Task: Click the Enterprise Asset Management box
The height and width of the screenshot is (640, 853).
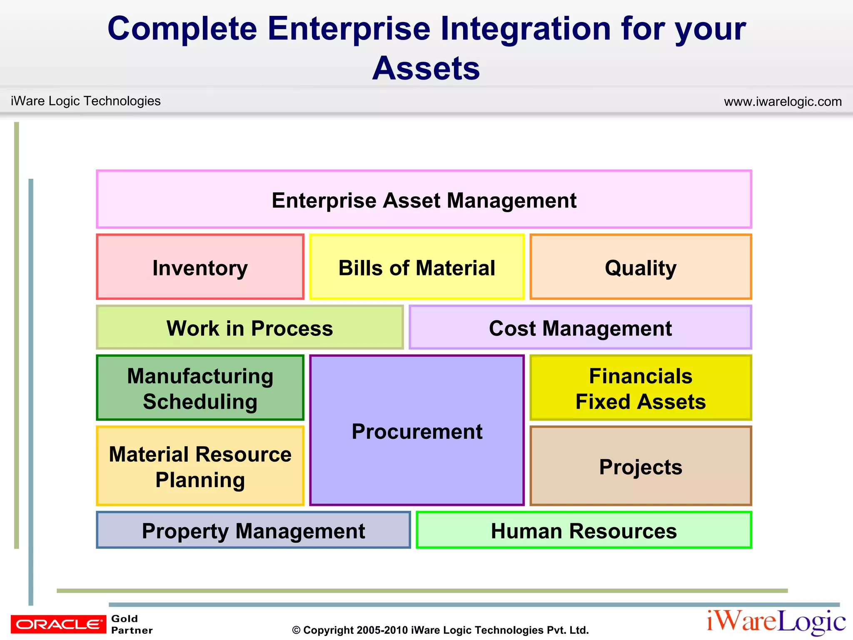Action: point(424,200)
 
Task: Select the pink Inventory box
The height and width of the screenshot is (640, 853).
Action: point(200,267)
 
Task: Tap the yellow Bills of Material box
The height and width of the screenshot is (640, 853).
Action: point(417,267)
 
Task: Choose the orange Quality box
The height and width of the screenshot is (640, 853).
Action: point(640,267)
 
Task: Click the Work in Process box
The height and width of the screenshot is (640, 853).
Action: point(249,328)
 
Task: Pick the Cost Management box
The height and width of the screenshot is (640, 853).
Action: point(580,328)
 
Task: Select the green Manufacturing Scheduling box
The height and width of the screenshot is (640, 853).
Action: point(200,388)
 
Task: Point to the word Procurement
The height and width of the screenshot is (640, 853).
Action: point(417,431)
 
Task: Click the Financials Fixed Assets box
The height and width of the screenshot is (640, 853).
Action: point(640,388)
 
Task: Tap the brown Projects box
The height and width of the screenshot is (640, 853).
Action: point(640,466)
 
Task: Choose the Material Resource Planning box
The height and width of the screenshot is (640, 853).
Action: point(200,466)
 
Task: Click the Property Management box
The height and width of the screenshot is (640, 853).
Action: point(253,530)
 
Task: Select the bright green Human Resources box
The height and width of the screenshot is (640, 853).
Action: point(584,530)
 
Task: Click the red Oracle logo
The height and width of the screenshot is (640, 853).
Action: point(58,624)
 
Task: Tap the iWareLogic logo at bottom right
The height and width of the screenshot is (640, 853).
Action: point(776,622)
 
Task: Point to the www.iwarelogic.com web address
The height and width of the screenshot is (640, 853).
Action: point(783,101)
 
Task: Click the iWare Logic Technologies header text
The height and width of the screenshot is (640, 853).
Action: point(85,101)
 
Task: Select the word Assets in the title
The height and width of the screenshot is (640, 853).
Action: point(426,68)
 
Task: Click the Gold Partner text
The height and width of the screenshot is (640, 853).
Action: point(132,624)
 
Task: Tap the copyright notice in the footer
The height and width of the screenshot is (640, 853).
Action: point(440,630)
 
